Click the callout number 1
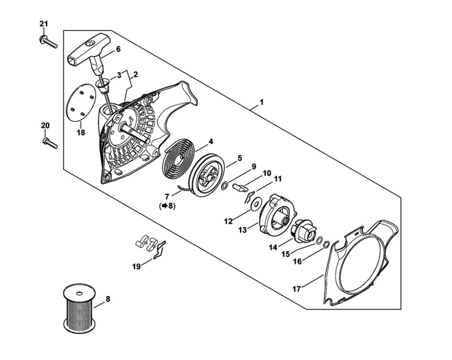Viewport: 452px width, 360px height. coord(261,103)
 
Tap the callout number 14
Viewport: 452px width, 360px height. coord(273,247)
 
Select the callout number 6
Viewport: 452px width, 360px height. coord(118,49)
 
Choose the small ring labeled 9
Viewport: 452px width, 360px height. coord(226,185)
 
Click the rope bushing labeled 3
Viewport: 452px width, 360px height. coord(102,86)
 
